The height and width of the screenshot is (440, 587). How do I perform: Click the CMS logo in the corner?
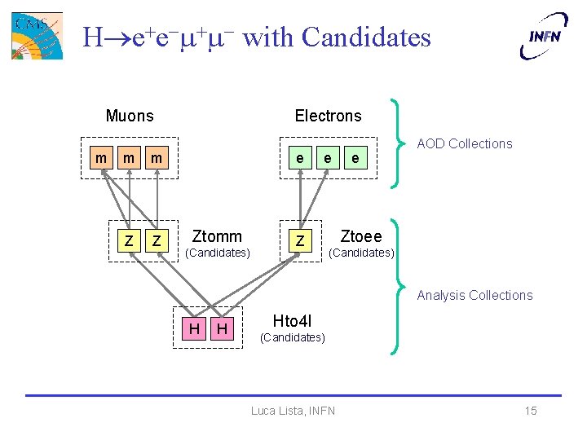click(x=36, y=35)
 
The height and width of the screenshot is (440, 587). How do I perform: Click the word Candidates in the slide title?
click(x=366, y=37)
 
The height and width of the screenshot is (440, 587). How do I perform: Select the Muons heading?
click(x=130, y=116)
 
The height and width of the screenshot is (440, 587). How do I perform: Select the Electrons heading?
click(x=328, y=116)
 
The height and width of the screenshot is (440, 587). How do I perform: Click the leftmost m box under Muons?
click(x=100, y=155)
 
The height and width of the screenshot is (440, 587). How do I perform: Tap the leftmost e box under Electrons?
click(x=301, y=157)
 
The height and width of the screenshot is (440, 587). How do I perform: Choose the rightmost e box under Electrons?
click(x=353, y=157)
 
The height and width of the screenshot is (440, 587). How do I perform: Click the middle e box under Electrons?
click(x=327, y=157)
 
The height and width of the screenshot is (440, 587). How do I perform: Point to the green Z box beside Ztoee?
click(x=301, y=240)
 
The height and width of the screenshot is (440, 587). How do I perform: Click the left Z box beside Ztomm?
click(x=129, y=240)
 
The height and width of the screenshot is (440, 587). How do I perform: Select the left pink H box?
click(x=194, y=328)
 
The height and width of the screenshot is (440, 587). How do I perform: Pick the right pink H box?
click(x=221, y=328)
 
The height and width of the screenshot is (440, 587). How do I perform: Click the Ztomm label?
click(x=216, y=236)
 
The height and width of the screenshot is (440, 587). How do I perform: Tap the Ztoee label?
click(x=360, y=236)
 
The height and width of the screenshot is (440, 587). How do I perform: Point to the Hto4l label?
click(x=292, y=320)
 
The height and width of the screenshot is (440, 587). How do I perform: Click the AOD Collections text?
click(x=465, y=143)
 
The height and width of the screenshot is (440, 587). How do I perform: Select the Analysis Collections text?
click(x=474, y=295)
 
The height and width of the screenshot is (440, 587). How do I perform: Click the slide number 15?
click(x=531, y=411)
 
